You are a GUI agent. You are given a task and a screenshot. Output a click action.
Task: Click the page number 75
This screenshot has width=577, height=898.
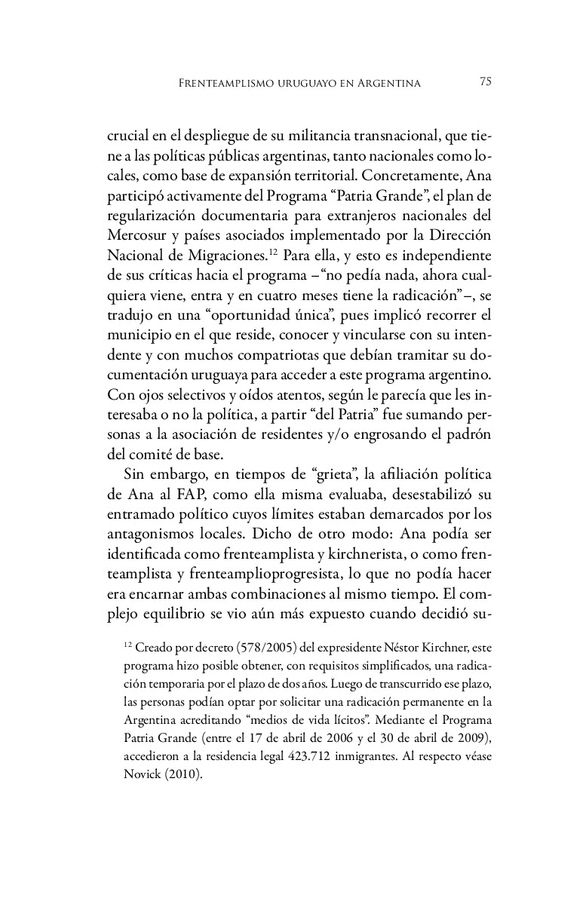pos(486,82)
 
